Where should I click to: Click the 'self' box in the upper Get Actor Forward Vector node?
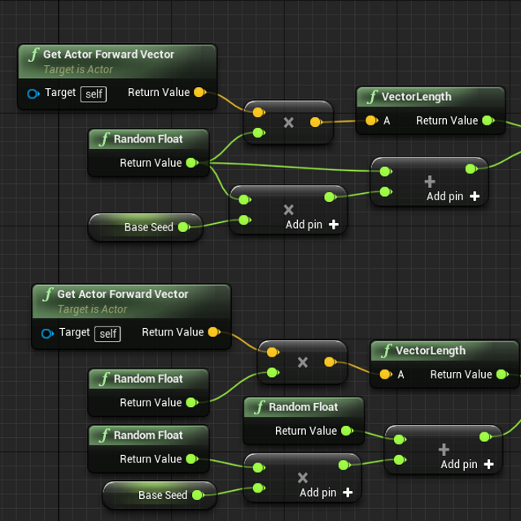tap(94, 94)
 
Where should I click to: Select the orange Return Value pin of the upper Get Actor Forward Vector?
tap(199, 93)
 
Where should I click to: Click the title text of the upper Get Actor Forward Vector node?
tap(108, 55)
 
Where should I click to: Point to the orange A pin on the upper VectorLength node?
tap(371, 120)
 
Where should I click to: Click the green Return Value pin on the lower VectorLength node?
tap(501, 374)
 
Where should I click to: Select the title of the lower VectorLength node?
tap(431, 351)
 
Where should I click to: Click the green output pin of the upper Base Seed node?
tap(183, 227)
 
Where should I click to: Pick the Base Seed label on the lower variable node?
tap(163, 495)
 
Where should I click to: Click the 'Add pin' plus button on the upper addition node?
tap(475, 196)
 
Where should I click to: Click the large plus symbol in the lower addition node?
tap(444, 449)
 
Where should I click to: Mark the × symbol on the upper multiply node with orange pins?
tap(288, 123)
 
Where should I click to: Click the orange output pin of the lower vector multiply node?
tap(330, 361)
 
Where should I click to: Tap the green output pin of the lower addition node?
tap(484, 436)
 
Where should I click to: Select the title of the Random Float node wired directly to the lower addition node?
tap(303, 407)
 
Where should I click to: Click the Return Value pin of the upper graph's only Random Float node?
tap(191, 163)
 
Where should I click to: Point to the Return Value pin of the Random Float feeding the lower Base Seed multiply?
tap(191, 459)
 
